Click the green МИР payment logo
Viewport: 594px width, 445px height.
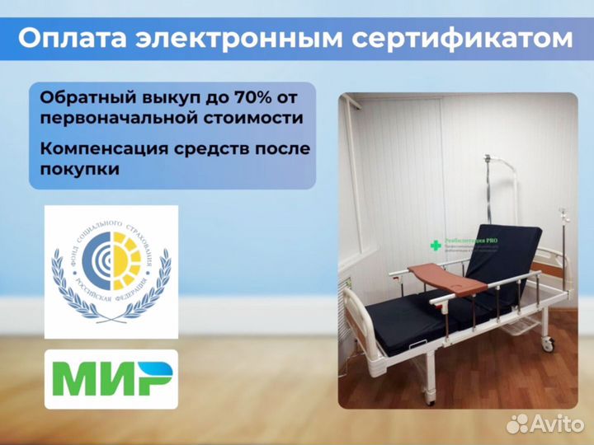coord(111,379)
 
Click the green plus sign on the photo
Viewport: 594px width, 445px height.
coord(436,246)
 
